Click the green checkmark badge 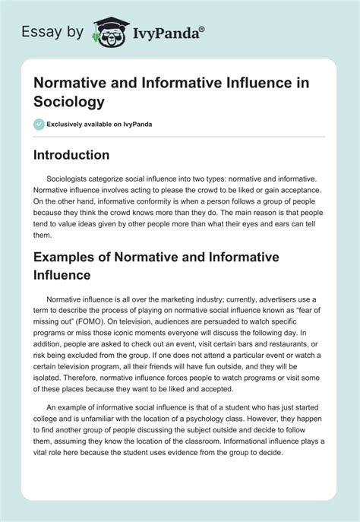[x=39, y=124]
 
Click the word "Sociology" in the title [x=67, y=100]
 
